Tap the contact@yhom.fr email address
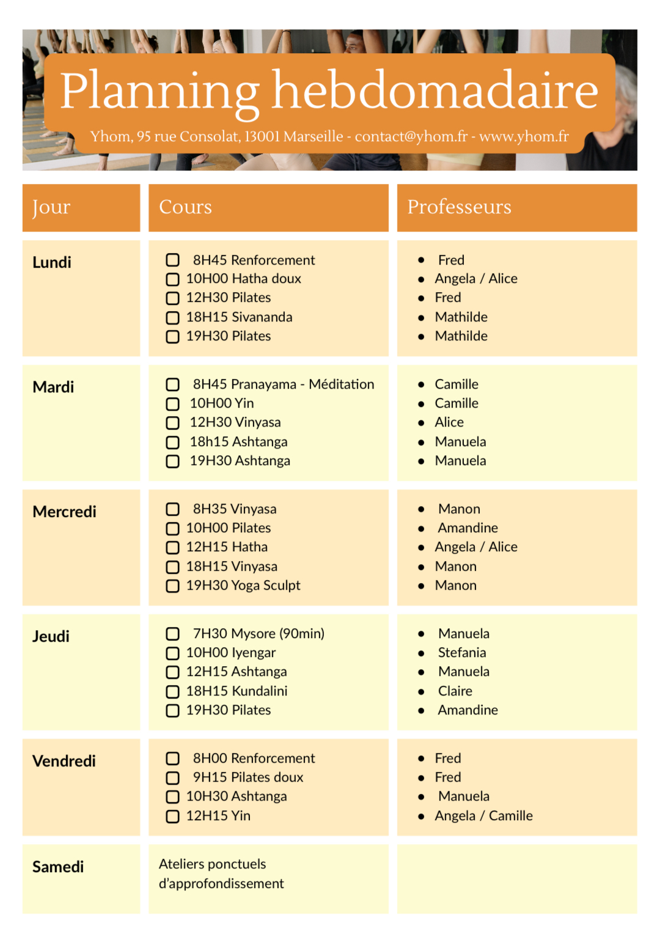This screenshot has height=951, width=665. pyautogui.click(x=411, y=136)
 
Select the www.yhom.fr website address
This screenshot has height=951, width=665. pyautogui.click(x=524, y=136)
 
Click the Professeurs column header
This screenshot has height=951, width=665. pyautogui.click(x=459, y=207)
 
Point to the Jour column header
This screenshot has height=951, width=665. pyautogui.click(x=51, y=207)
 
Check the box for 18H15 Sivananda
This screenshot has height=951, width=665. pyautogui.click(x=173, y=318)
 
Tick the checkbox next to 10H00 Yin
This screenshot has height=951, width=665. pyautogui.click(x=173, y=404)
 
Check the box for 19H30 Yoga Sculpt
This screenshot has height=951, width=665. pyautogui.click(x=173, y=586)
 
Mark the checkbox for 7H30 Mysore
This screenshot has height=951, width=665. pyautogui.click(x=173, y=634)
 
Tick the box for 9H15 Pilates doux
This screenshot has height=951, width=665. pyautogui.click(x=173, y=778)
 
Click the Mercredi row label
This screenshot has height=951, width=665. pyautogui.click(x=64, y=512)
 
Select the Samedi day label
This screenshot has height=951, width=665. pyautogui.click(x=58, y=867)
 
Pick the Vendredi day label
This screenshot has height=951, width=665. pyautogui.click(x=64, y=761)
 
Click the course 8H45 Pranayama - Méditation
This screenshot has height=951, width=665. pyautogui.click(x=283, y=384)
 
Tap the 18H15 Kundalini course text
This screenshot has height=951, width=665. pyautogui.click(x=237, y=691)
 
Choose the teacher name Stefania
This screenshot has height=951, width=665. pyautogui.click(x=461, y=653)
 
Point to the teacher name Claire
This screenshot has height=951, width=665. pyautogui.click(x=455, y=691)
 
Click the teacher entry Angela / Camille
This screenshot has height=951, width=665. pyautogui.click(x=483, y=816)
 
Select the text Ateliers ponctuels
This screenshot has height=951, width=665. pyautogui.click(x=212, y=864)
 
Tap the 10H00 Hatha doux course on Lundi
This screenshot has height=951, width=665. pyautogui.click(x=243, y=279)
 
